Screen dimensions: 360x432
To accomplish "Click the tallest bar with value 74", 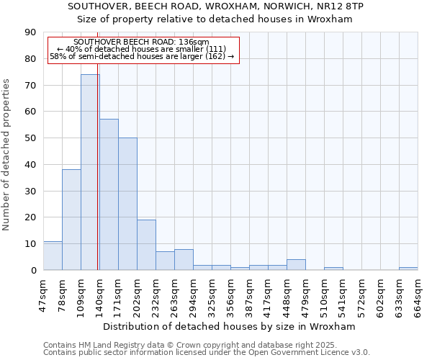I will click(x=90, y=172).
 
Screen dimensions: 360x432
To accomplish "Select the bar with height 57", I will click(x=109, y=194).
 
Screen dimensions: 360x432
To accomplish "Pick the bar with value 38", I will click(x=71, y=220).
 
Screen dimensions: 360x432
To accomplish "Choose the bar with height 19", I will click(x=146, y=245).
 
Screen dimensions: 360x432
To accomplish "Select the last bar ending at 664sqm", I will click(x=408, y=269).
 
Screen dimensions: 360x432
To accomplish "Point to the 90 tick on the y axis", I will click(x=30, y=32).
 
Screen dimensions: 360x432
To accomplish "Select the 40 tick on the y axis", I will click(x=30, y=165).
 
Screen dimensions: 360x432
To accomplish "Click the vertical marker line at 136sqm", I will click(x=98, y=180).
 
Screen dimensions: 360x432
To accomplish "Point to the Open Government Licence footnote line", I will click(x=207, y=353).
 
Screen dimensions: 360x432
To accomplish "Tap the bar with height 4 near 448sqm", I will click(x=296, y=265).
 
